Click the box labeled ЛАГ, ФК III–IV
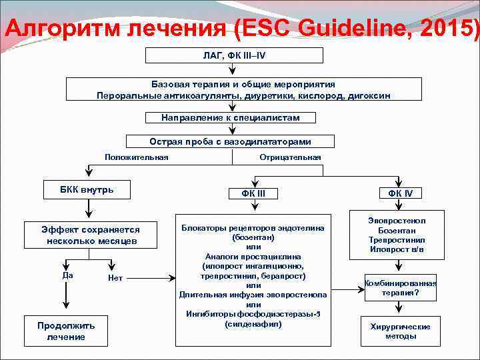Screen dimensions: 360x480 coord(233,55)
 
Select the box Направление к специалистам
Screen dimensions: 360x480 coord(230,117)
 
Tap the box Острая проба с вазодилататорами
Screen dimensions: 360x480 coord(230,142)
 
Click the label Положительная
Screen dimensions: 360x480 coord(137,157)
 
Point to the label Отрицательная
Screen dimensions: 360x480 coord(290,157)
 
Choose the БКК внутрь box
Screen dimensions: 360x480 coord(87,190)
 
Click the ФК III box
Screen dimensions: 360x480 coord(253,193)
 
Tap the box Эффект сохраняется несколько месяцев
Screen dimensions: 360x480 coord(92,234)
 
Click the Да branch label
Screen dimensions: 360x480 coord(66,275)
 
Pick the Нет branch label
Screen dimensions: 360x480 coord(115,278)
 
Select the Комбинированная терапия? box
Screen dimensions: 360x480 coord(400,287)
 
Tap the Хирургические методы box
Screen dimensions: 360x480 coord(400,331)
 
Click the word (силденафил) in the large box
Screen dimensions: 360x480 coord(253,324)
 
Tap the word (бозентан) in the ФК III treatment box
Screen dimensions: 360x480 coord(253,237)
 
